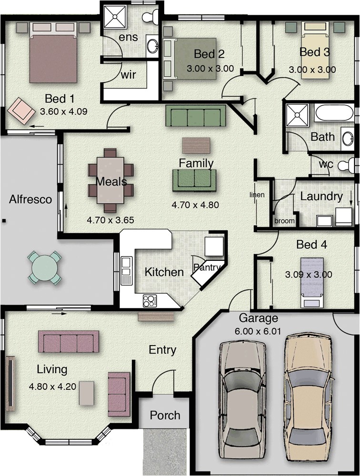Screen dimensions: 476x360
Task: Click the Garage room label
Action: click(258, 318)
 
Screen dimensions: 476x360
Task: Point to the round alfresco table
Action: click(45, 268)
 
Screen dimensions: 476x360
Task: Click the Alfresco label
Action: click(30, 199)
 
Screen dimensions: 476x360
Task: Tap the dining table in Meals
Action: click(110, 180)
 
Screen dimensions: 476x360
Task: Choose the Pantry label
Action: click(206, 268)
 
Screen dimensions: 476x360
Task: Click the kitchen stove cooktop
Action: click(150, 301)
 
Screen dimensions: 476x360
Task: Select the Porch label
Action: click(165, 415)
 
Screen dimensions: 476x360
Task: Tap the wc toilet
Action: click(347, 165)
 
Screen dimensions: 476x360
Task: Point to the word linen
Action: click(257, 195)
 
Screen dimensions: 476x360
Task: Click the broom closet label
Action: click(284, 221)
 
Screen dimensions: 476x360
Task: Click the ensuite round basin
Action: click(152, 46)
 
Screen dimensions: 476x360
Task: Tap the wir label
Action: click(129, 75)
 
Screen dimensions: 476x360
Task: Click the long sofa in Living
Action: click(69, 341)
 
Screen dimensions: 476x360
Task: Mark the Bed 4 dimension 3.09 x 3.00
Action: click(308, 275)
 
